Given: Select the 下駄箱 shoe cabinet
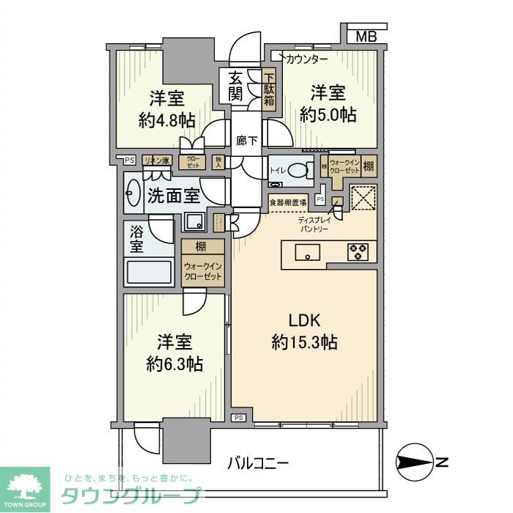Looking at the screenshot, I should pyautogui.click(x=269, y=86).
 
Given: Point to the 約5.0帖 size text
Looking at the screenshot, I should pyautogui.click(x=328, y=115).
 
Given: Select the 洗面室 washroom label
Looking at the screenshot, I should pyautogui.click(x=173, y=196).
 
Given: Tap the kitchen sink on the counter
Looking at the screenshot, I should pyautogui.click(x=308, y=252).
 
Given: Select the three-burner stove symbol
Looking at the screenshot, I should pyautogui.click(x=358, y=252).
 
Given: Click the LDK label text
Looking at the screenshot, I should pyautogui.click(x=303, y=320).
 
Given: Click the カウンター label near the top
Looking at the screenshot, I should pyautogui.click(x=306, y=58).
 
